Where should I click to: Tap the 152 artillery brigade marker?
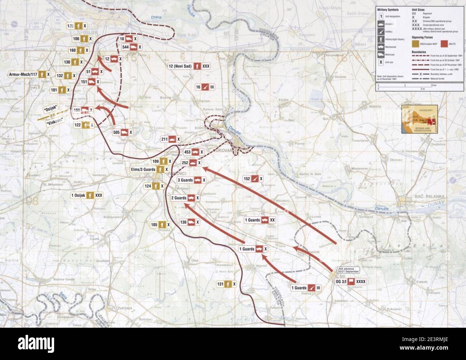pyautogui.click(x=253, y=179)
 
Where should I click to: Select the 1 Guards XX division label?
pyautogui.click(x=260, y=220)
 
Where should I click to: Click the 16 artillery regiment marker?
pyautogui.click(x=205, y=87)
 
